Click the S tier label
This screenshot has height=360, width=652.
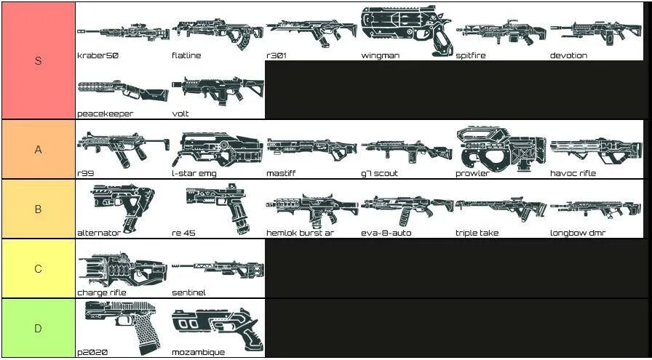(38, 60)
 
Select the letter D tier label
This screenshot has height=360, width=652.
(38, 328)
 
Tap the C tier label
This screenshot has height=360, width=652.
(38, 268)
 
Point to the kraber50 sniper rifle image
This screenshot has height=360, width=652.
(122, 31)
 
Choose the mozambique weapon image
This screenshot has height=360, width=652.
(215, 327)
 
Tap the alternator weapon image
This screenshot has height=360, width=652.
(122, 207)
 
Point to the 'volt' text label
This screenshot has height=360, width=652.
(180, 114)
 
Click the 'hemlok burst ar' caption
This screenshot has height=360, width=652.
(300, 233)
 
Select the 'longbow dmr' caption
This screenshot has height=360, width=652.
(578, 233)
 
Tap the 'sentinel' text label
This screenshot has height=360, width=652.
(188, 292)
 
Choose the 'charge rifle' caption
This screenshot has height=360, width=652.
(102, 292)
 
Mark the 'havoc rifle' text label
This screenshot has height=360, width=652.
(573, 174)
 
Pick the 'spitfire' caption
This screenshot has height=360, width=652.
(471, 55)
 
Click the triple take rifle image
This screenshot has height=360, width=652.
(501, 209)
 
